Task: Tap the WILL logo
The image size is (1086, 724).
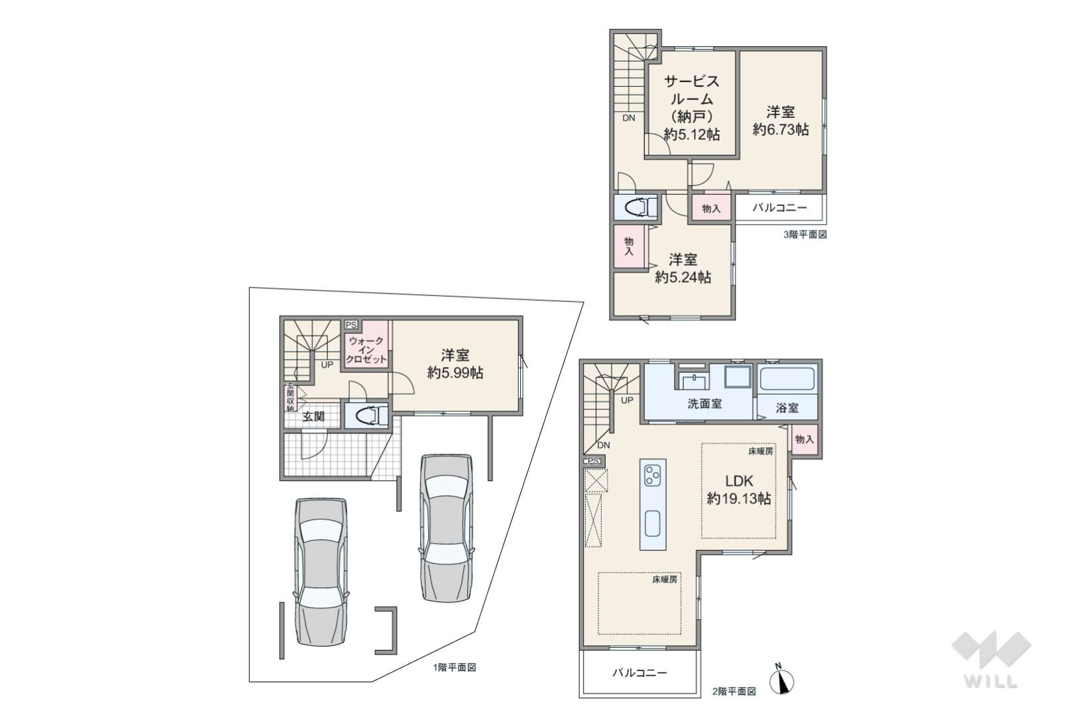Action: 991,659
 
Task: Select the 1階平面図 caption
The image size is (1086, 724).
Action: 455,667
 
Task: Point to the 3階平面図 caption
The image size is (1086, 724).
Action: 805,234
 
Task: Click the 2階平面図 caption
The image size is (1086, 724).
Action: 734,692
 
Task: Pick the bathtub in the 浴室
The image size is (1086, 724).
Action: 787,379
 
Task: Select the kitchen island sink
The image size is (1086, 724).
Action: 653,523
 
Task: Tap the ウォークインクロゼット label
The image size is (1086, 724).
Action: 366,350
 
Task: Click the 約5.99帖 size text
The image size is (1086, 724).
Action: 455,373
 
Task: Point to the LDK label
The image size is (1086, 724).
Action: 739,481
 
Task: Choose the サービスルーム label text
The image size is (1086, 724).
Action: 691,89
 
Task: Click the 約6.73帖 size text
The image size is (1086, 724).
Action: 781,129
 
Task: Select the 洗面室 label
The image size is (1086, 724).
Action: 704,403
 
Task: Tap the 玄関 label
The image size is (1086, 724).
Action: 313,416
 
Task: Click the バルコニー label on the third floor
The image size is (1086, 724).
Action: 780,208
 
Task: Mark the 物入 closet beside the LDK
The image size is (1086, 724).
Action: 804,440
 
